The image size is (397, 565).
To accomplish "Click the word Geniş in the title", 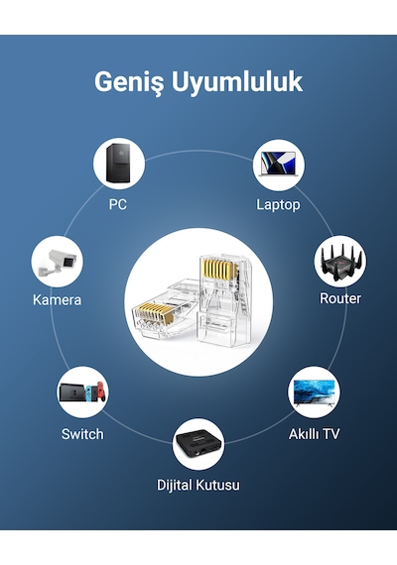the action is tap(129, 83).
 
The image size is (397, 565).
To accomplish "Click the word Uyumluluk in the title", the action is tap(237, 82).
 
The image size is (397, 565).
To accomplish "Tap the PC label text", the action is tap(118, 204).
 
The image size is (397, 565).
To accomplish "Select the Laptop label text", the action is tap(278, 205).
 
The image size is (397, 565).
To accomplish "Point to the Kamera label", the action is tap(57, 299).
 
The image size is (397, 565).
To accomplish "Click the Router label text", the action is tap(340, 298).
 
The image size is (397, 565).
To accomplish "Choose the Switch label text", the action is tap(82, 434).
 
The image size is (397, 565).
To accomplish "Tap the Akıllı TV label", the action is tap(314, 434).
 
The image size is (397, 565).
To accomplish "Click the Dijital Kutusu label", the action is tap(198, 485).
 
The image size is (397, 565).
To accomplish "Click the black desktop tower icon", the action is tap(118, 165).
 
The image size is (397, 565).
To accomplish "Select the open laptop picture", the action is tap(278, 165).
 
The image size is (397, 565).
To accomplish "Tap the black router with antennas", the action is tap(340, 262).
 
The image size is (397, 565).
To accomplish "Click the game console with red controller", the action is tap(83, 393).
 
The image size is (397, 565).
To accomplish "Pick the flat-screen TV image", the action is tap(314, 393).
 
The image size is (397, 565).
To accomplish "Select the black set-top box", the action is tap(198, 443).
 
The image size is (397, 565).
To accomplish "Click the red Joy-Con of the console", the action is tap(102, 393).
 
